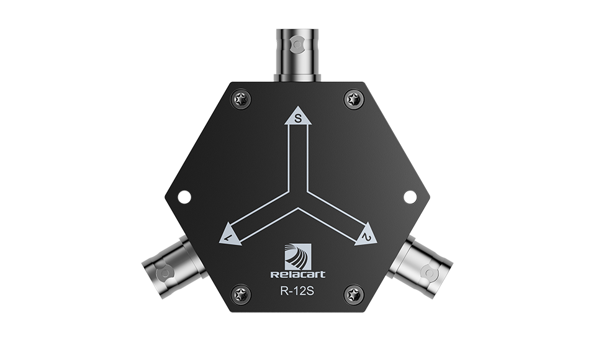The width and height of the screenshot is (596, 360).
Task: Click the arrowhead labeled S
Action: [x=299, y=116]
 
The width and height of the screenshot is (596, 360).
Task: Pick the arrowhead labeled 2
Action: [x=366, y=235]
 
